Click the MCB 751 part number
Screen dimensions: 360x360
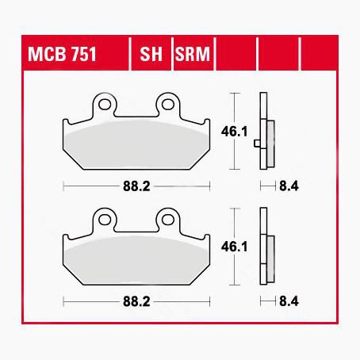[62, 54]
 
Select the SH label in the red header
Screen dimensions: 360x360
[151, 54]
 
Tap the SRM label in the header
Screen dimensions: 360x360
[193, 54]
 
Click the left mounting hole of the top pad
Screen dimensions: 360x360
[105, 105]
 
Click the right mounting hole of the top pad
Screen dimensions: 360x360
[168, 105]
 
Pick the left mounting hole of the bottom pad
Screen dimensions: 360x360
[105, 220]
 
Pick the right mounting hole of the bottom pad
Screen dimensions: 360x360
[168, 220]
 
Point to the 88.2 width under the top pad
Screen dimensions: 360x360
[136, 186]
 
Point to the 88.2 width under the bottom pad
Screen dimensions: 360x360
[136, 301]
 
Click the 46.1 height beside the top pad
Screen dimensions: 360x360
[234, 132]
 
